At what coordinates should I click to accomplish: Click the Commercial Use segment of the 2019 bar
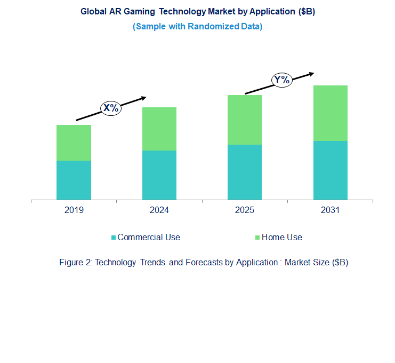pos(74,180)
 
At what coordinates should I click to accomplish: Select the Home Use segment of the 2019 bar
pos(74,143)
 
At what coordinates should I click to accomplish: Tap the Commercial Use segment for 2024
pos(159,175)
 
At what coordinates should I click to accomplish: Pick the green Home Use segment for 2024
pos(159,129)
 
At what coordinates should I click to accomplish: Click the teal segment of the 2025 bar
pos(245,172)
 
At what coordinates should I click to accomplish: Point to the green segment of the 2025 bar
pos(245,120)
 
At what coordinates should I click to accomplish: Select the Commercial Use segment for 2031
pos(330,170)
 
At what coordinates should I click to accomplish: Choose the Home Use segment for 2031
pos(330,113)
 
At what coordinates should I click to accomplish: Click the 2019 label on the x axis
pos(74,210)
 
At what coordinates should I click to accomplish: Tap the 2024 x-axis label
pos(159,210)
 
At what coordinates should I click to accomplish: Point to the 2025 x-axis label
pos(245,210)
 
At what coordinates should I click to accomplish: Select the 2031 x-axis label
pos(330,210)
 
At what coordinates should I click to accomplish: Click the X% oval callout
pos(111,108)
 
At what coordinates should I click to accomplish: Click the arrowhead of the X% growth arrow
pos(143,98)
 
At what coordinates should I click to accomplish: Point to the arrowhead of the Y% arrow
pos(311,74)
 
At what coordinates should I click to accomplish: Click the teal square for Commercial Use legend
pos(113,238)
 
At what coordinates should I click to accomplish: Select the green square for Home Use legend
pos(258,238)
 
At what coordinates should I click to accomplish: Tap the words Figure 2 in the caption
pos(74,263)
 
